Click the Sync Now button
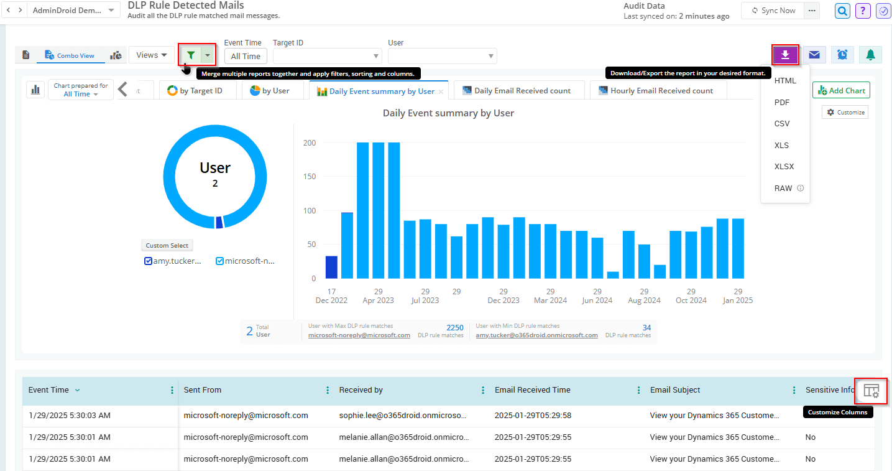(x=773, y=11)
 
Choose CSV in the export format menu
(x=782, y=124)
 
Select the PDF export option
(x=782, y=103)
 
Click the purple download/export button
(x=785, y=55)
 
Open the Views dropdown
(x=152, y=55)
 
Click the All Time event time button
(x=246, y=56)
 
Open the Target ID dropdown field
(x=327, y=56)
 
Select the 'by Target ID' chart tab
(x=195, y=91)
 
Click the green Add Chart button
(x=841, y=91)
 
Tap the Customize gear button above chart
(x=845, y=113)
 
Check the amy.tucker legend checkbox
(x=148, y=261)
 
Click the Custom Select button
(x=167, y=245)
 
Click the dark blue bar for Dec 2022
(x=331, y=267)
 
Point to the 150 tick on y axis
(x=308, y=177)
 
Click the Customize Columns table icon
(x=871, y=391)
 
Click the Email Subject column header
(x=675, y=390)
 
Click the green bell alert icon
(x=870, y=55)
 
